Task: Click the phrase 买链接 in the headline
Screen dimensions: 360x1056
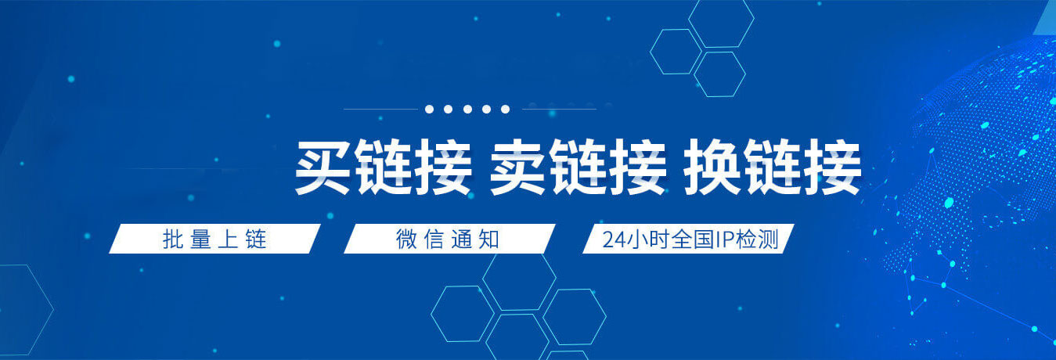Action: pyautogui.click(x=383, y=168)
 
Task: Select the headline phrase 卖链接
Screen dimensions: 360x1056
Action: pyautogui.click(x=577, y=168)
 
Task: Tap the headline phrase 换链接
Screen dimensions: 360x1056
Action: pyautogui.click(x=773, y=168)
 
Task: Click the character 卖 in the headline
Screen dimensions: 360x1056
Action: pyautogui.click(x=517, y=168)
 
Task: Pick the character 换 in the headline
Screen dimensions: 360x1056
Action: pyautogui.click(x=713, y=168)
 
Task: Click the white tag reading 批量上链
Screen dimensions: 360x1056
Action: pyautogui.click(x=214, y=239)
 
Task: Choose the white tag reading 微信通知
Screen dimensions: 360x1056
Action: pyautogui.click(x=449, y=239)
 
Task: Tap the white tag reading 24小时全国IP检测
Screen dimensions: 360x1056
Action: pyautogui.click(x=689, y=239)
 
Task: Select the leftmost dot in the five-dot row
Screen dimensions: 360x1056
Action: pyautogui.click(x=430, y=110)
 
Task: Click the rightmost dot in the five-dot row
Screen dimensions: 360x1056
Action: pyautogui.click(x=506, y=110)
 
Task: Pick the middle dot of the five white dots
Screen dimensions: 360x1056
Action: pyautogui.click(x=467, y=110)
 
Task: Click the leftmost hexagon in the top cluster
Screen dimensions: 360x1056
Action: pyautogui.click(x=676, y=52)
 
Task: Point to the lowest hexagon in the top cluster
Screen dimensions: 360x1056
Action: pyautogui.click(x=719, y=74)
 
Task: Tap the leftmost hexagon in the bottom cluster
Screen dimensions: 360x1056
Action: pyautogui.click(x=462, y=313)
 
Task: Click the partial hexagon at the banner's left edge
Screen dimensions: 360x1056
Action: pyautogui.click(x=20, y=309)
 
